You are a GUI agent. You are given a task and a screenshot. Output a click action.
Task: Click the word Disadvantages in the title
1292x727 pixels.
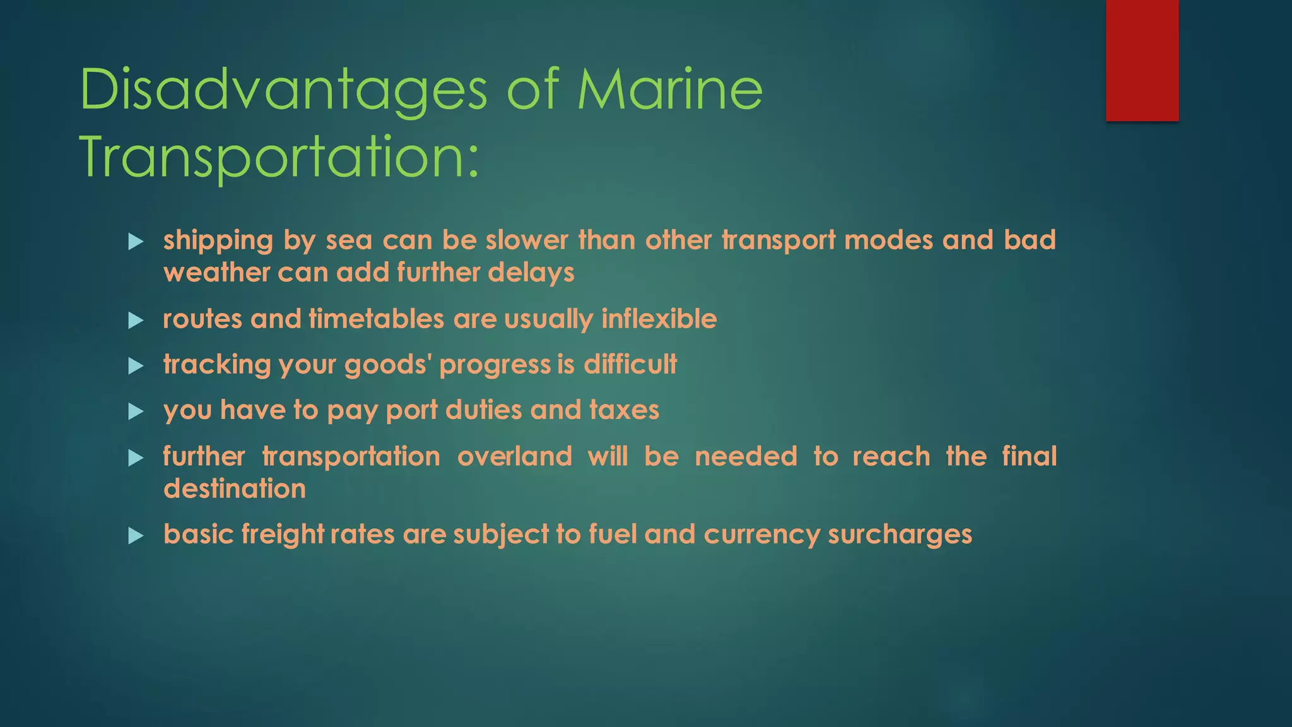[283, 90]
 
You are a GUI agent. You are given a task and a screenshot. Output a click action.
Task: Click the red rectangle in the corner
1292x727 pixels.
[1142, 60]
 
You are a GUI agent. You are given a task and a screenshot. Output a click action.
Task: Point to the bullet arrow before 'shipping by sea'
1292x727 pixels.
[136, 241]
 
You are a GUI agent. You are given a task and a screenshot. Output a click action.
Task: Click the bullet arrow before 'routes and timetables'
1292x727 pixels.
[136, 321]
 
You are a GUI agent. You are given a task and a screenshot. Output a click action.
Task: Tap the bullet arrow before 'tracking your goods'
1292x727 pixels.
[136, 366]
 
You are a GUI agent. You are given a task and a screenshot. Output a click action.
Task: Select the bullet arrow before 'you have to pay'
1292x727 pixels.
[136, 411]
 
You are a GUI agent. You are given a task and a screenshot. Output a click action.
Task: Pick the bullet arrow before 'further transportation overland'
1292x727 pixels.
[136, 458]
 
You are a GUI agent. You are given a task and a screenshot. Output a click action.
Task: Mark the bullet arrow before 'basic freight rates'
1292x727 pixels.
[136, 536]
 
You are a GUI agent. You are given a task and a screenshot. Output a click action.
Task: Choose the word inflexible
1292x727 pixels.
[659, 319]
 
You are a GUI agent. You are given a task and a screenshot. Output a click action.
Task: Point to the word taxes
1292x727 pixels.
[624, 410]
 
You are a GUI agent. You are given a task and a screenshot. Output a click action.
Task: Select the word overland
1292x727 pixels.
[514, 456]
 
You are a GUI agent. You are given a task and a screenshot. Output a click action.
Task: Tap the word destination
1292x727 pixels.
[235, 489]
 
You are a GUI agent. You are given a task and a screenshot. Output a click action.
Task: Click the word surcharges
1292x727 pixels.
[900, 535]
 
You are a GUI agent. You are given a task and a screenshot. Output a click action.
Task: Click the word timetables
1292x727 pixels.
[376, 319]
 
